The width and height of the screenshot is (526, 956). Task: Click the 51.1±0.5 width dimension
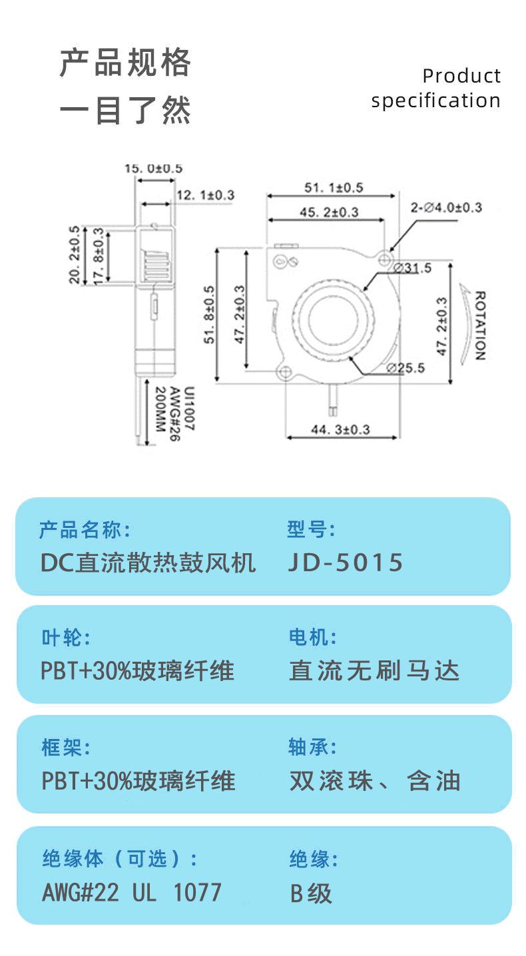(x=334, y=188)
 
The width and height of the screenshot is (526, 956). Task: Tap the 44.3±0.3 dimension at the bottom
(x=340, y=429)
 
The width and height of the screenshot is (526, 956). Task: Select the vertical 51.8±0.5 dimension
(x=209, y=315)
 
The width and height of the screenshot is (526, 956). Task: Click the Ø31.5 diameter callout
(x=412, y=268)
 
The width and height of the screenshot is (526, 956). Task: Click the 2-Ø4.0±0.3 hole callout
(x=446, y=207)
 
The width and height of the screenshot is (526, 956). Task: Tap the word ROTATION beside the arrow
(x=480, y=326)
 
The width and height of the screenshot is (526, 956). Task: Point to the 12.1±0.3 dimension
(x=206, y=195)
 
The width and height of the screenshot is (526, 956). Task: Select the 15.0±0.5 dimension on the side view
(x=153, y=168)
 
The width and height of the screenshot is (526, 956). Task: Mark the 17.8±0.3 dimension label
(x=98, y=254)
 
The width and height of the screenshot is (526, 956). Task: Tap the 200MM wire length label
(x=160, y=409)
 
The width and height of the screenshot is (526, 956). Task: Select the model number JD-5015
(x=346, y=563)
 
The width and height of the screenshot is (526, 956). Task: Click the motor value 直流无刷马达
(x=374, y=670)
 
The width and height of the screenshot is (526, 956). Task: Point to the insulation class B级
(x=311, y=893)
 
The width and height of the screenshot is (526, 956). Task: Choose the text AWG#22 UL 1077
(x=132, y=892)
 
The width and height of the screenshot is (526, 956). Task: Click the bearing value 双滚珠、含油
(x=375, y=780)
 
